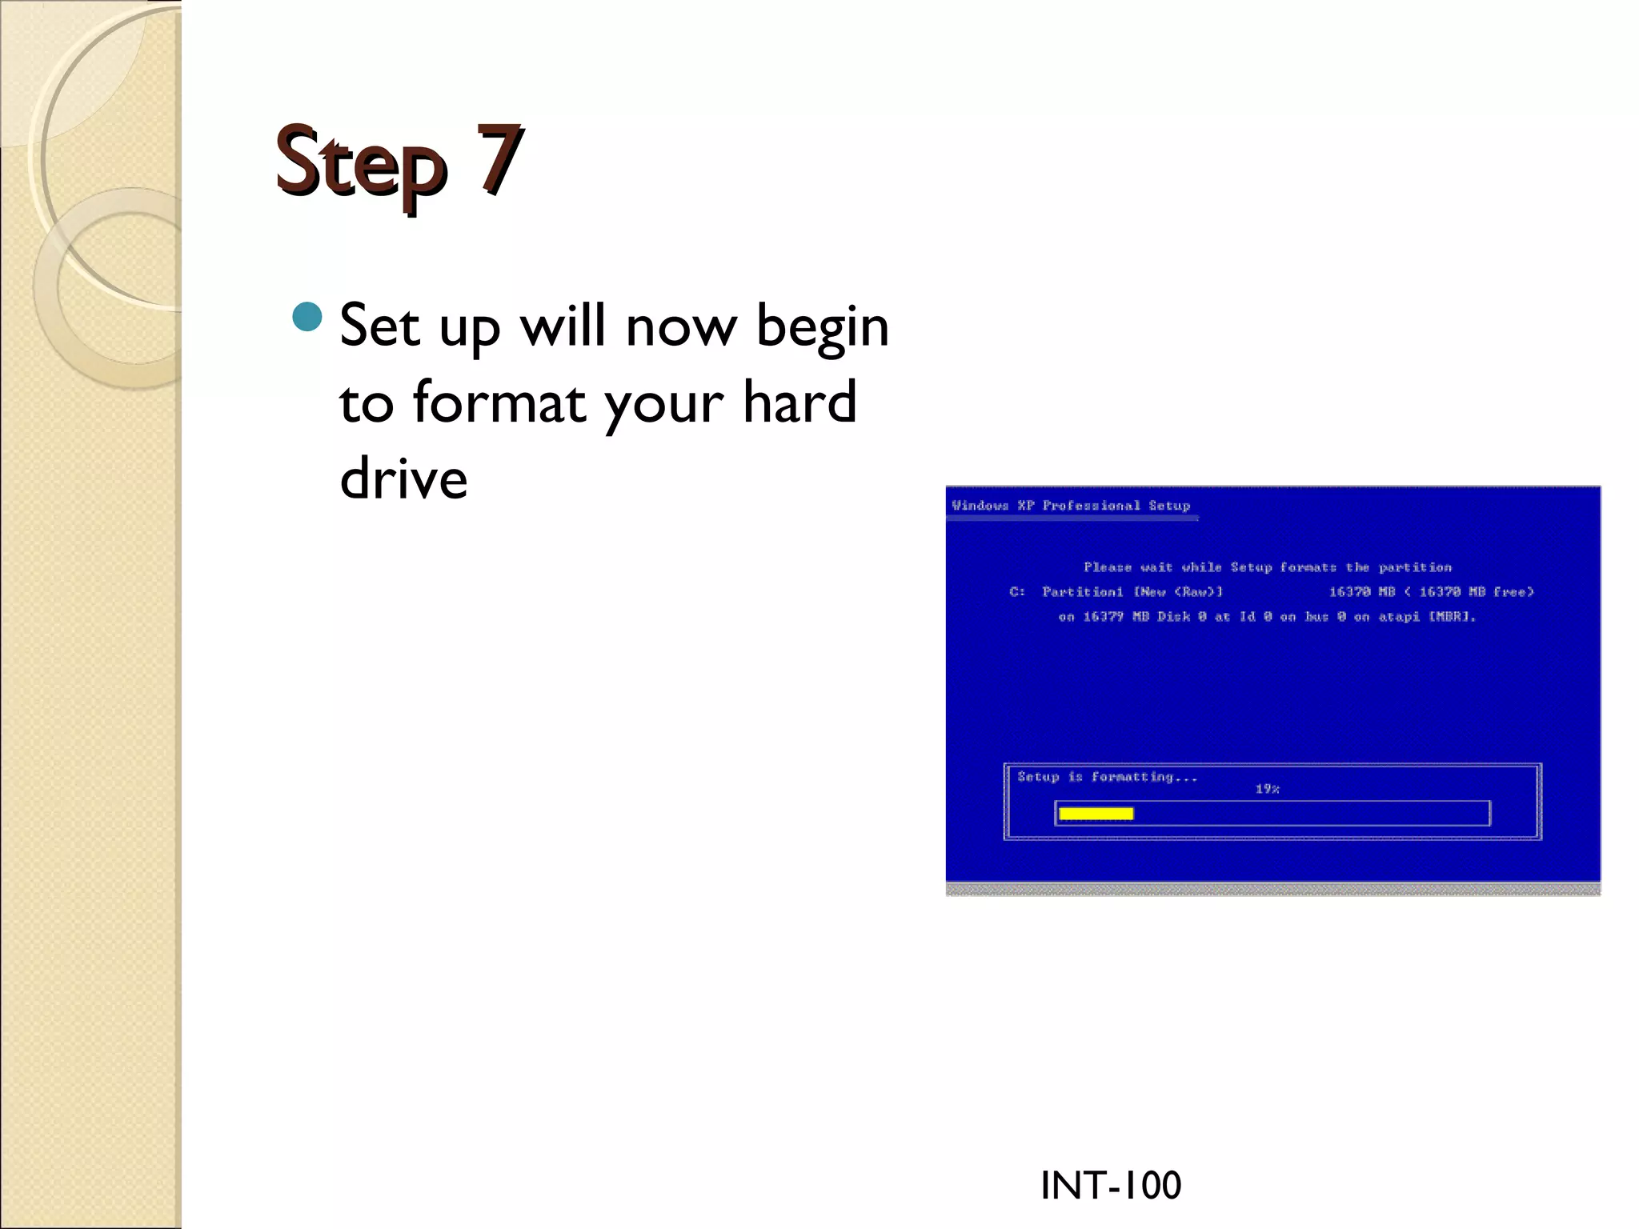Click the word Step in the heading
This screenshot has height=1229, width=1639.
pyautogui.click(x=360, y=164)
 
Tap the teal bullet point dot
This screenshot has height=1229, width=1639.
pyautogui.click(x=307, y=318)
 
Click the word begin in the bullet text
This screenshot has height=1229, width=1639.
pyautogui.click(x=822, y=328)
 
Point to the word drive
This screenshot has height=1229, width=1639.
pyautogui.click(x=403, y=478)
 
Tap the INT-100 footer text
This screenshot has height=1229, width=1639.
pyautogui.click(x=1110, y=1185)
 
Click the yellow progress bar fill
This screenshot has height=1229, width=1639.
pyautogui.click(x=1096, y=814)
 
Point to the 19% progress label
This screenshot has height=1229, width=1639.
pyautogui.click(x=1267, y=789)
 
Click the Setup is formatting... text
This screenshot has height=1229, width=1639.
pyautogui.click(x=1107, y=777)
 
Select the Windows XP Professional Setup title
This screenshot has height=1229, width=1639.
pyautogui.click(x=1070, y=506)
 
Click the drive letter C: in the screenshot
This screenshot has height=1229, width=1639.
pyautogui.click(x=1017, y=592)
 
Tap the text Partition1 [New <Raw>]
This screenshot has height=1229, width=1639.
pyautogui.click(x=1132, y=592)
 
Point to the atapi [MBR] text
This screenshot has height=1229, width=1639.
pyautogui.click(x=1427, y=617)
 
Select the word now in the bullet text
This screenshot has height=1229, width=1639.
pyautogui.click(x=680, y=328)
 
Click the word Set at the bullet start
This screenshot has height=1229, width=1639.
pyautogui.click(x=379, y=326)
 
